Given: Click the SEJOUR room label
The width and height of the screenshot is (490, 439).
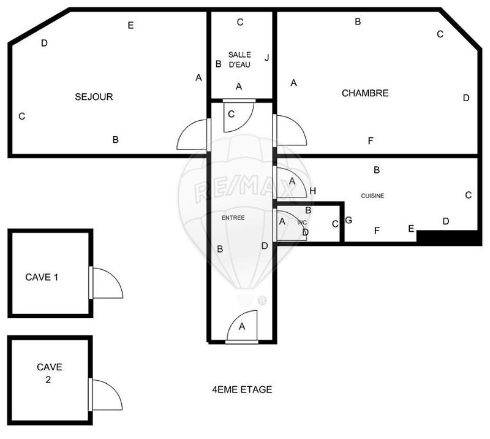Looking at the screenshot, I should (x=94, y=97).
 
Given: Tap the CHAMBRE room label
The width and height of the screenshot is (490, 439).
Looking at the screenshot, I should (x=365, y=93).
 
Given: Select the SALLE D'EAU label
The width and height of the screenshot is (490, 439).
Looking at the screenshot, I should (x=239, y=59).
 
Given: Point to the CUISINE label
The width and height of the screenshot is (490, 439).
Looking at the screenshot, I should (x=372, y=196).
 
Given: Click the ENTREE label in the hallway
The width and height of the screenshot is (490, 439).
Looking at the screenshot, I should (x=233, y=217).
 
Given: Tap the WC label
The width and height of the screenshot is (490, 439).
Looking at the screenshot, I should (x=301, y=223).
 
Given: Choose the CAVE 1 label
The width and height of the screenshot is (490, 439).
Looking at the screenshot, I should (x=42, y=277).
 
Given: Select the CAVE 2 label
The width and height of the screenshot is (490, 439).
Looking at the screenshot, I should (x=49, y=373).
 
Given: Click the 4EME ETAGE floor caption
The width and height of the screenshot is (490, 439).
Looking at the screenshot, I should (x=242, y=389).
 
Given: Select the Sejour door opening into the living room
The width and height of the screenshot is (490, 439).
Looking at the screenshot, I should (x=193, y=136).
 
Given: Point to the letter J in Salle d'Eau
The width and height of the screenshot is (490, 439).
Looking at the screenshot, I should (x=266, y=58).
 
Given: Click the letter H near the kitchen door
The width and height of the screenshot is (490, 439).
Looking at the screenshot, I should (x=312, y=191).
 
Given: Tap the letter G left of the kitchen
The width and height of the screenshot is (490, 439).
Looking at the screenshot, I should (x=349, y=220).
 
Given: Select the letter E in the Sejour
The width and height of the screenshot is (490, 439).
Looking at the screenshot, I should (x=130, y=25).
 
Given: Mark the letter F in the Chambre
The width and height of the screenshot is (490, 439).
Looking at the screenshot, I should (x=371, y=141).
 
